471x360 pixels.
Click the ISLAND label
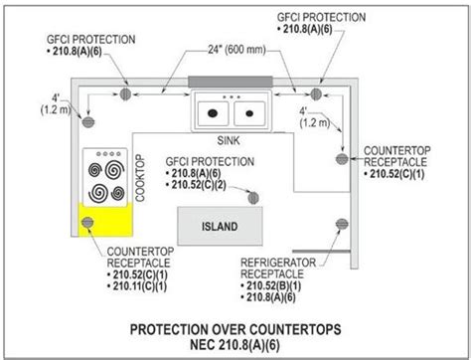coord(220,226)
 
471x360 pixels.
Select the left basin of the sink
coord(215,109)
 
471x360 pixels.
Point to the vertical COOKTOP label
coord(140,178)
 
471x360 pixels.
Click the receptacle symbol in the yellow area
coord(87,222)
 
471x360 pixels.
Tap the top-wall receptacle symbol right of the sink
coord(316,93)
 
